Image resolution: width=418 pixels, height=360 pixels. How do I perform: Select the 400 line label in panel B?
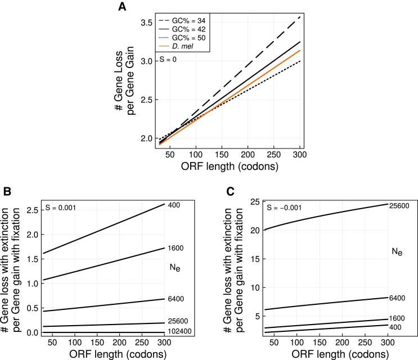[x=174, y=204]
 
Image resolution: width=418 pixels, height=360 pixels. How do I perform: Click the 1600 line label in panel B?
[x=176, y=248]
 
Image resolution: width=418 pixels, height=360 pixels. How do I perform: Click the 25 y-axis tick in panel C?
[x=253, y=201]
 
